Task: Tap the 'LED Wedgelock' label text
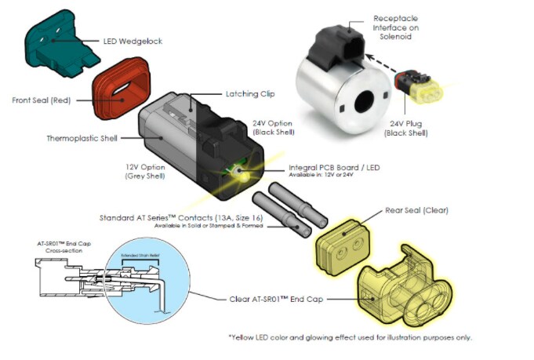pyautogui.click(x=133, y=41)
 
